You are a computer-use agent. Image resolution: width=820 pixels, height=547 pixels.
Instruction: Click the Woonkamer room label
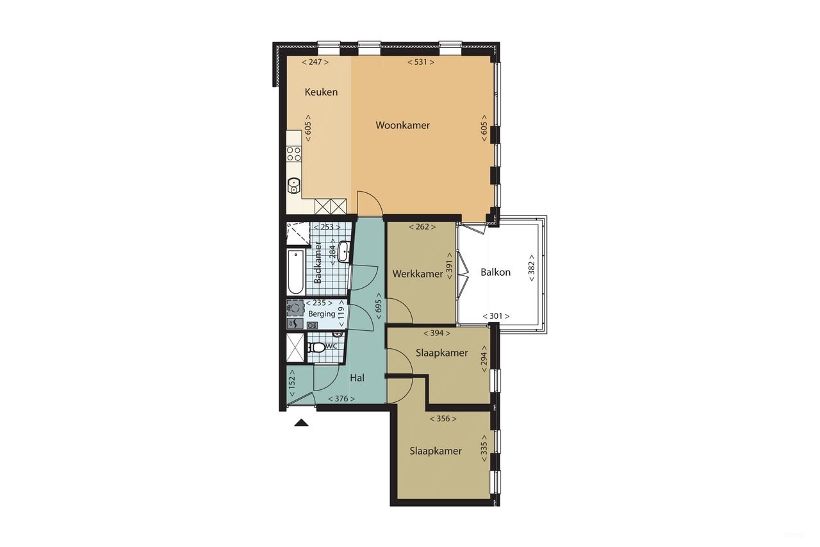pyautogui.click(x=402, y=125)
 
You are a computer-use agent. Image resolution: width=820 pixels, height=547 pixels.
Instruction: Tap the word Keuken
pyautogui.click(x=321, y=92)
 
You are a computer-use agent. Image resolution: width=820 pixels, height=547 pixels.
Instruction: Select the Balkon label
pyautogui.click(x=495, y=272)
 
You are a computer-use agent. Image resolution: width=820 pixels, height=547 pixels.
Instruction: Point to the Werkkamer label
pyautogui.click(x=418, y=274)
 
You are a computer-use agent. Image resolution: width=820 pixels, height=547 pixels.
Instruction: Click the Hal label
pyautogui.click(x=357, y=378)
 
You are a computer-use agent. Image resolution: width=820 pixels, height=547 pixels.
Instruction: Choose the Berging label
pyautogui.click(x=322, y=314)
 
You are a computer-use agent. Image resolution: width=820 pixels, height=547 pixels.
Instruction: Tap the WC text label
pyautogui.click(x=332, y=346)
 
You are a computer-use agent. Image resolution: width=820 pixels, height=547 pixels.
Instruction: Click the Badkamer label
pyautogui.click(x=318, y=262)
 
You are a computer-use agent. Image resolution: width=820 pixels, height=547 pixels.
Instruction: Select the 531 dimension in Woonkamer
pyautogui.click(x=421, y=62)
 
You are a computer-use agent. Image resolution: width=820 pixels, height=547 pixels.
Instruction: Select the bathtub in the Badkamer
pyautogui.click(x=295, y=272)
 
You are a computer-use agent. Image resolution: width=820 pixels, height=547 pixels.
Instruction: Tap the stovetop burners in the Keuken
pyautogui.click(x=294, y=154)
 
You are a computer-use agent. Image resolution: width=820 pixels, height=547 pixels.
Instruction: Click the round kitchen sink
pyautogui.click(x=293, y=186)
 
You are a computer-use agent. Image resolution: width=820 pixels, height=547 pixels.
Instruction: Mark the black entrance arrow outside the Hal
pyautogui.click(x=300, y=422)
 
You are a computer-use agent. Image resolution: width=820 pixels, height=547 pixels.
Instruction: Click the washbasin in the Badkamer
pyautogui.click(x=343, y=251)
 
